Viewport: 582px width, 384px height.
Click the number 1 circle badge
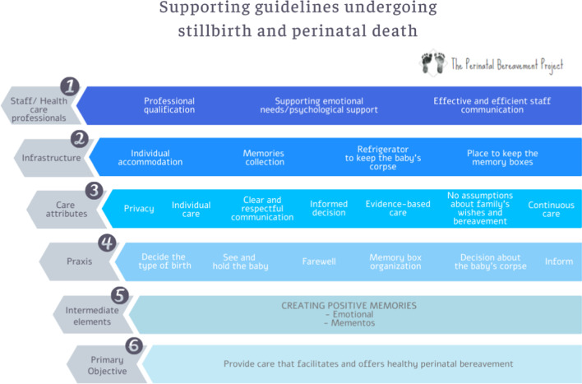tap(72, 86)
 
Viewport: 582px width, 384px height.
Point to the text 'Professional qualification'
tap(169, 105)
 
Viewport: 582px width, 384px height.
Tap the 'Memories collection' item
tap(263, 157)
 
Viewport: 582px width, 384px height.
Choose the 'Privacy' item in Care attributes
tap(139, 209)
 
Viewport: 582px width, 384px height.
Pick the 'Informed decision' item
tap(329, 209)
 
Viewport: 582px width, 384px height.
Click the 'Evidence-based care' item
tap(398, 209)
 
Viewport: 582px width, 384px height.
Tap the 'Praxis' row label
tap(79, 261)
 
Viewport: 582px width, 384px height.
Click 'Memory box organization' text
tap(395, 261)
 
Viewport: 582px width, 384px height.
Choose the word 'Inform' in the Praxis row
tap(559, 261)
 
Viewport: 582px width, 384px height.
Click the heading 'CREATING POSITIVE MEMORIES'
tap(349, 305)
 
